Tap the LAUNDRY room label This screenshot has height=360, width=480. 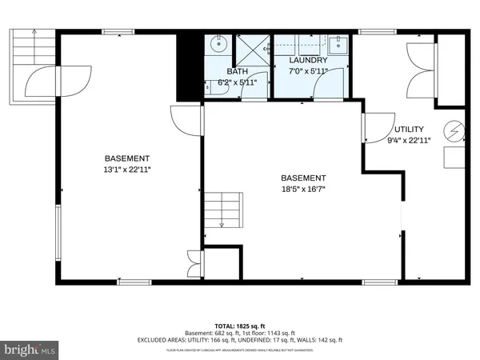click(308, 60)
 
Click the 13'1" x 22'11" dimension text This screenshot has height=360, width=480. click(127, 169)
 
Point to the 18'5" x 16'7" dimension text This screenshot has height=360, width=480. click(303, 189)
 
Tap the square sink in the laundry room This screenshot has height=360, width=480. click(338, 42)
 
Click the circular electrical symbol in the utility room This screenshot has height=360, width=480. click(456, 130)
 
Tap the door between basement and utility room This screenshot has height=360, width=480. click(374, 130)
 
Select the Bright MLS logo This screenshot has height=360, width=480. click(30, 350)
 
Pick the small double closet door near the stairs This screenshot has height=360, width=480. click(194, 262)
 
